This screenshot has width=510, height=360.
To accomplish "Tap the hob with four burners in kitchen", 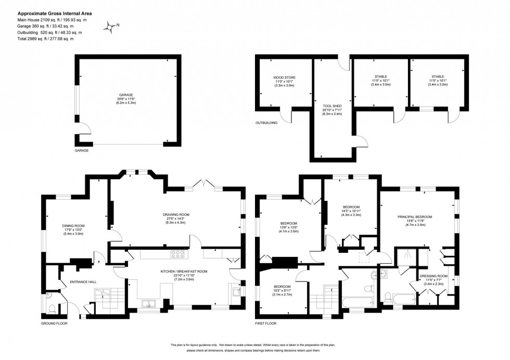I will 178,254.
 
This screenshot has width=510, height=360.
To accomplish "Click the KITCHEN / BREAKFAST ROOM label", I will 183,274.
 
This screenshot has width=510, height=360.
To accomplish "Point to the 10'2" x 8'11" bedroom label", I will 283,290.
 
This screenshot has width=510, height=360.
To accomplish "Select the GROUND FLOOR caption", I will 54,323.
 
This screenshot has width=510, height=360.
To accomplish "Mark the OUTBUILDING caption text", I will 266,123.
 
